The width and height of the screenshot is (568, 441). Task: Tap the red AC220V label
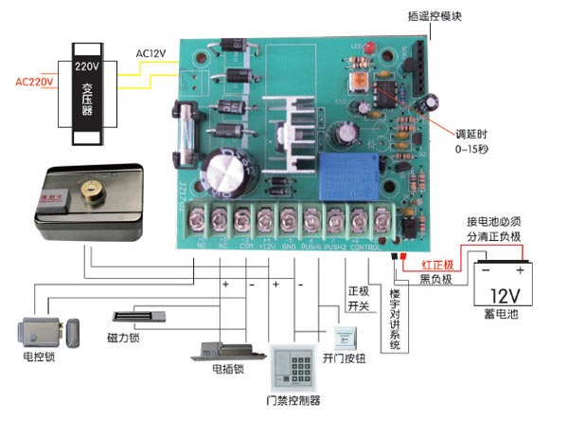pos(34,82)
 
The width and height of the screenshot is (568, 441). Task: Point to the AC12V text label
pos(153,53)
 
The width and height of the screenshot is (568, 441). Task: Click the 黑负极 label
pos(437,279)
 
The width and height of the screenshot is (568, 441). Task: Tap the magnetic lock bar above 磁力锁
pos(142,316)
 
